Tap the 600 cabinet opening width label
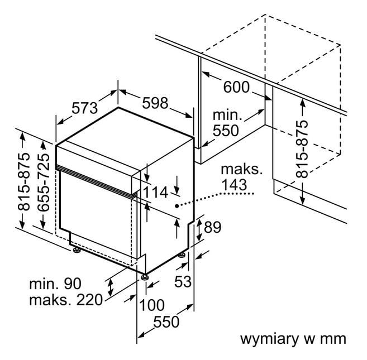pyautogui.click(x=236, y=87)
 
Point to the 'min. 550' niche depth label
pyautogui.click(x=226, y=123)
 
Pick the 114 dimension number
pyautogui.click(x=155, y=192)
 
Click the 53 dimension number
pyautogui.click(x=183, y=282)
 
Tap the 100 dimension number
pyautogui.click(x=151, y=305)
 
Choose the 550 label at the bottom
pyautogui.click(x=166, y=322)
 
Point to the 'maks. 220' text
pyautogui.click(x=65, y=300)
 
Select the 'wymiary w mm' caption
pyautogui.click(x=293, y=338)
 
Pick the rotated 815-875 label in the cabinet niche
pyautogui.click(x=302, y=149)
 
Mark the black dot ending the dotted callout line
pyautogui.click(x=177, y=206)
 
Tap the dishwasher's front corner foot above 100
pyautogui.click(x=145, y=276)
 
